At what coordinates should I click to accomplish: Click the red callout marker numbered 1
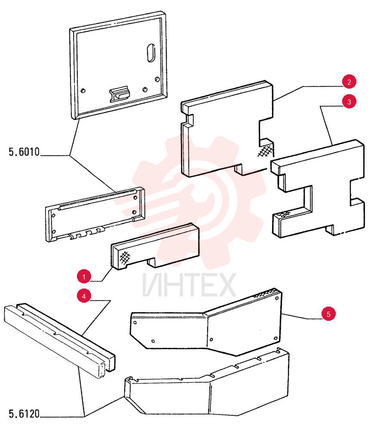(x=84, y=276)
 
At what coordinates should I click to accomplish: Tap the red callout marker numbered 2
(x=349, y=82)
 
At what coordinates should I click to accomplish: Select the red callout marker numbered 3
(x=349, y=102)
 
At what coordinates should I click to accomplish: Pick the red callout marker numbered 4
(x=84, y=296)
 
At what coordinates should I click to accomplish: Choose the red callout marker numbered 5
(x=328, y=314)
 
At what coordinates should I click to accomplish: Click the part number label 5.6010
(x=24, y=152)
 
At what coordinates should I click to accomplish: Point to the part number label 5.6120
(x=24, y=414)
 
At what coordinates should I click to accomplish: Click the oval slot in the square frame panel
(x=151, y=53)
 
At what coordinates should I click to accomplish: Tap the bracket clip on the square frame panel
(x=120, y=94)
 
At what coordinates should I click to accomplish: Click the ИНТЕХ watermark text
(x=189, y=285)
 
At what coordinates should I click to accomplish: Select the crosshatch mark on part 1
(x=125, y=258)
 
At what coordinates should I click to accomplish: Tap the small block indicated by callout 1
(x=155, y=246)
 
